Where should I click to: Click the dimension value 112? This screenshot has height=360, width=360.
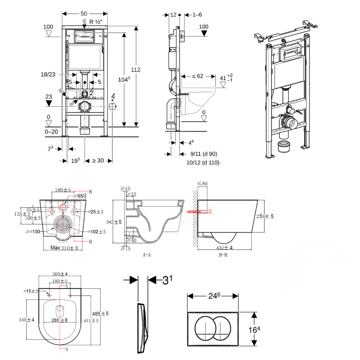point(136,70)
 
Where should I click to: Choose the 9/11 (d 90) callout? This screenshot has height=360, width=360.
point(204,154)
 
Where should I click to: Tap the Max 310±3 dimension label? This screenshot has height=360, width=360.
point(64,248)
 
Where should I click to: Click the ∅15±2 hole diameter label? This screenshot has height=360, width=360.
point(31,291)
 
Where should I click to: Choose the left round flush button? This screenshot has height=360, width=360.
point(205,327)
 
